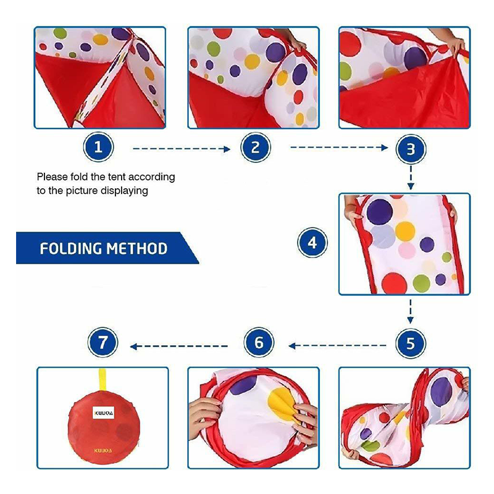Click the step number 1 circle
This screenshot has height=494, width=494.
pos(98,147)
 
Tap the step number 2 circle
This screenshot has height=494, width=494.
pos(256,147)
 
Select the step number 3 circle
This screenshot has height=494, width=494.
pos(411,149)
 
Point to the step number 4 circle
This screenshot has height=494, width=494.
pos(312,243)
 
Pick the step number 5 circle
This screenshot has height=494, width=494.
pos(411,343)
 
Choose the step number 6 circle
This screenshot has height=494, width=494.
pos(259,343)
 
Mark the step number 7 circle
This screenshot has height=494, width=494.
pos(103,342)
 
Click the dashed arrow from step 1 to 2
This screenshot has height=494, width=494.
pos(182,149)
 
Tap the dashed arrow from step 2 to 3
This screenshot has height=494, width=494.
pos(339,148)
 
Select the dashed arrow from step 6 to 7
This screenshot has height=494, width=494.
pos(178,346)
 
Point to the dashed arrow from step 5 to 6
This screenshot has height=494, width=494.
pos(337,346)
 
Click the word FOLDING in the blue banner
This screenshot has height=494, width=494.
pos(71,249)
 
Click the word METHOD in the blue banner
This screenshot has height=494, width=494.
pos(137,249)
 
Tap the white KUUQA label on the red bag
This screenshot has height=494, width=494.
pos(103,412)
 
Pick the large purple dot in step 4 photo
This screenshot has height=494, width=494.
pos(380,212)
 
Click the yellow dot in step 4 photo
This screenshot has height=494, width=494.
pos(405,231)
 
